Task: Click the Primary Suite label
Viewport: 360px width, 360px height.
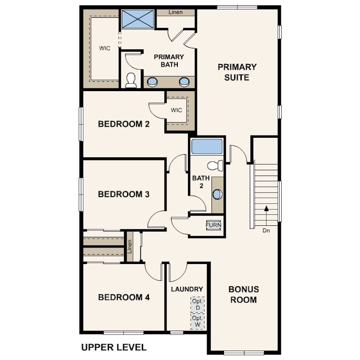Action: [237, 72]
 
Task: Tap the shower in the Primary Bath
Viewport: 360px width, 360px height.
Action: [137, 19]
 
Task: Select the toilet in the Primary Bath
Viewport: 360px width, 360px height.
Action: [131, 80]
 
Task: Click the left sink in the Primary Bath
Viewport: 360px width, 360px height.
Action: [152, 82]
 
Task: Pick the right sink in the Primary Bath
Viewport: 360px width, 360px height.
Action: [184, 82]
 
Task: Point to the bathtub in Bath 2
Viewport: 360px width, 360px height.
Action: [207, 146]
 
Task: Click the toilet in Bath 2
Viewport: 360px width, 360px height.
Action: [215, 165]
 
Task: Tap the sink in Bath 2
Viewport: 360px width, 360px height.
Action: [217, 194]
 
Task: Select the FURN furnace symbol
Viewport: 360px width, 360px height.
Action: [213, 225]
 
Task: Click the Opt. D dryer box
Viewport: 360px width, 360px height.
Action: [197, 304]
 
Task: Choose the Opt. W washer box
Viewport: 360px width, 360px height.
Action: [197, 321]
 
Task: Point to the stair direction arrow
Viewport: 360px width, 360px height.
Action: [266, 216]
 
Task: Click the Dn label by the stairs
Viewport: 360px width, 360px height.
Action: [266, 231]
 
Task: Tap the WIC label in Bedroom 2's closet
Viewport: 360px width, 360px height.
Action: [176, 110]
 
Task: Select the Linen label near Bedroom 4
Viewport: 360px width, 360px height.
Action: [130, 247]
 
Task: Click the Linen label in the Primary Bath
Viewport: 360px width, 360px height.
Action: [176, 12]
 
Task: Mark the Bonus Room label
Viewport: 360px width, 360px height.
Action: [244, 294]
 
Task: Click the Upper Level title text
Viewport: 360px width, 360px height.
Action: [114, 347]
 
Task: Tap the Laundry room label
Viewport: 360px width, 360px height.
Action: [187, 289]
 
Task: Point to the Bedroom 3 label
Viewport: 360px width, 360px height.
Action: [124, 194]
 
